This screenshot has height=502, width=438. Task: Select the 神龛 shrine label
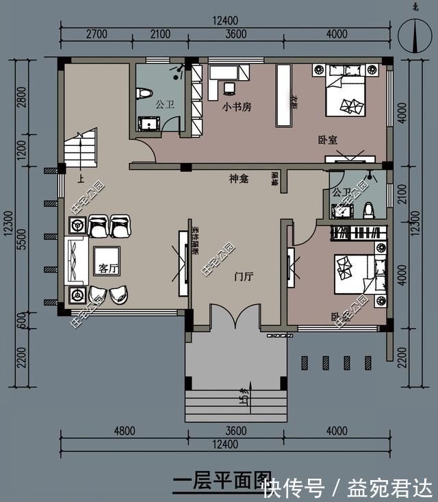coord(238,179)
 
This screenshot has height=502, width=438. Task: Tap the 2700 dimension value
coord(96,34)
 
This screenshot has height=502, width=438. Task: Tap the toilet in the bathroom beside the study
coord(144,93)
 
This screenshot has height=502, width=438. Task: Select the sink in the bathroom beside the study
coord(149,123)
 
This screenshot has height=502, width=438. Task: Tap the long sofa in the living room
coord(74,260)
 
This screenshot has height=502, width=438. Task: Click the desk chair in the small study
coord(228,88)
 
